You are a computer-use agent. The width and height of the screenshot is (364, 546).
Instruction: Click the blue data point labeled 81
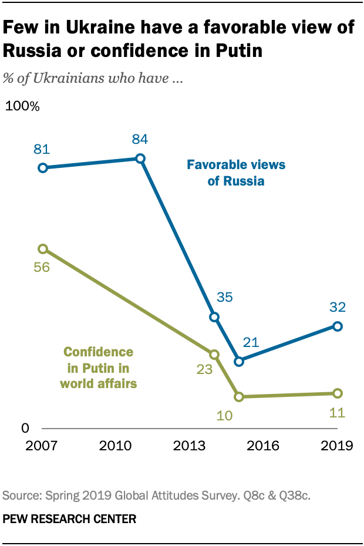[x=42, y=168]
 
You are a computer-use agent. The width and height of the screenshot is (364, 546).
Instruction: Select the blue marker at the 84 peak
[x=140, y=159]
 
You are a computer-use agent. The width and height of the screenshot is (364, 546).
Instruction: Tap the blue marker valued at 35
[x=214, y=317]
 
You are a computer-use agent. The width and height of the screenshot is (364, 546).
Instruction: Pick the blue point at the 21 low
[x=238, y=362]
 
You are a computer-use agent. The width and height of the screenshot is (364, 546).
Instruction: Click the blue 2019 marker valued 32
[x=337, y=326]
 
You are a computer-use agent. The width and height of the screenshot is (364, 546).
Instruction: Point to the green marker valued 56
[x=42, y=249]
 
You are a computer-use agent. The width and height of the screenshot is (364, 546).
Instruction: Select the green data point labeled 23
[x=214, y=355]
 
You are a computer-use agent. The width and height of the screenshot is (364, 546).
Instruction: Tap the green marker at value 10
[x=238, y=397]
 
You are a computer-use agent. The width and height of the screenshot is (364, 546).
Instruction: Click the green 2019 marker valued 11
[x=337, y=393]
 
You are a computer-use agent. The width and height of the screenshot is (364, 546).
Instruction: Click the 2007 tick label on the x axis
[x=41, y=446]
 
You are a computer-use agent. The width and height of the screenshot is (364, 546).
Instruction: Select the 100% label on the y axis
[x=22, y=107]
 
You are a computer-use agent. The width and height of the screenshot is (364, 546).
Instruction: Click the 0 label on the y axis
[x=25, y=428]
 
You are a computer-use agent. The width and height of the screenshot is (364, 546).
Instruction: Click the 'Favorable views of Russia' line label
[x=236, y=173]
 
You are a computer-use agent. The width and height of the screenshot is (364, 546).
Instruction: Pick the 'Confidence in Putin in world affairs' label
[x=98, y=368]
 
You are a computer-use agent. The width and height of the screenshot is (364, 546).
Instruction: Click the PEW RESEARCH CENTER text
[x=70, y=518]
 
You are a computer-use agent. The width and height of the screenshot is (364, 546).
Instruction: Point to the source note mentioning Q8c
[x=156, y=496]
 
